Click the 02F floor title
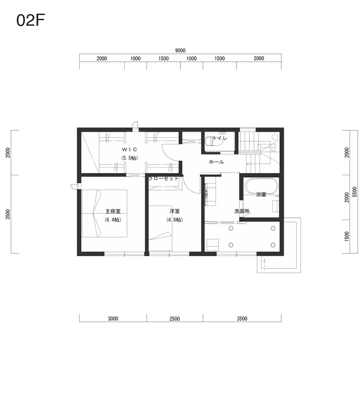(31, 20)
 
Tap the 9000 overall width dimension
(180, 51)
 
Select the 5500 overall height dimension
(355, 192)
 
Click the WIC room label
(129, 150)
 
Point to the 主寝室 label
(113, 211)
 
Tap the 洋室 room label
(175, 211)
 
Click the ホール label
(216, 162)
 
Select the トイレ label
(220, 138)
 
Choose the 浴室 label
(261, 195)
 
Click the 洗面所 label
(242, 211)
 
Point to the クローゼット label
(164, 179)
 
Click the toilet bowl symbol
(213, 141)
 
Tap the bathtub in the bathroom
(261, 186)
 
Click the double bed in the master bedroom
(104, 213)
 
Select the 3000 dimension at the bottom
(113, 319)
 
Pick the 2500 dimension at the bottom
(175, 319)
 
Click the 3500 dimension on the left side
(8, 214)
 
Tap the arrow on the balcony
(265, 264)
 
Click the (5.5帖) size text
(129, 158)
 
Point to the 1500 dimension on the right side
(347, 236)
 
